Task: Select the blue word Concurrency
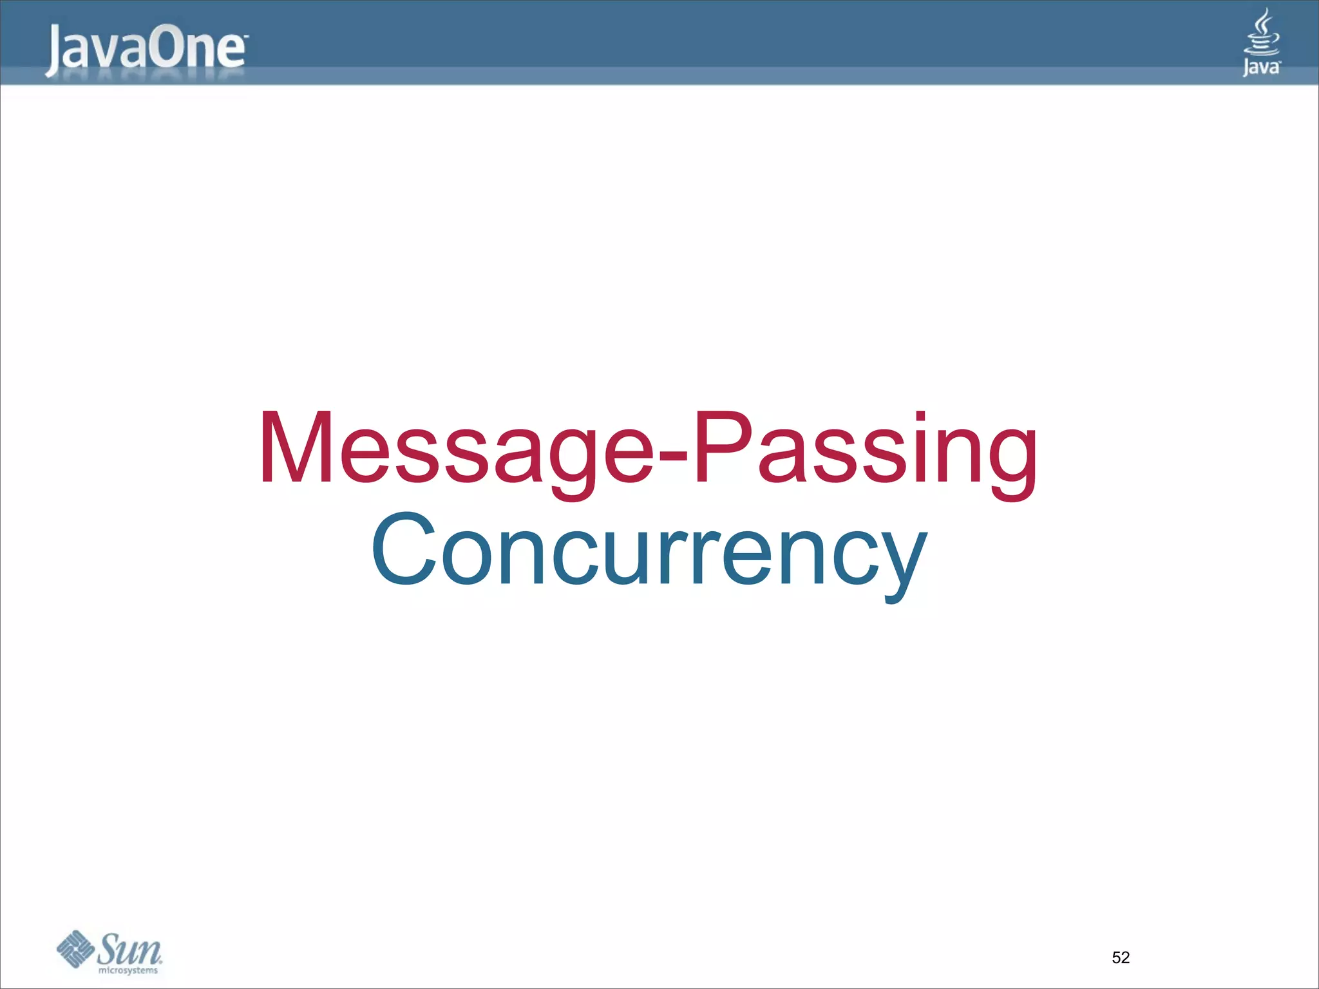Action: coord(649,551)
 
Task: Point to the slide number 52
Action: coord(1121,957)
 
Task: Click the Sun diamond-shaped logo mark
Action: coord(75,948)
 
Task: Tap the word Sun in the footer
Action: coord(129,948)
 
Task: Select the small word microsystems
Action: coord(128,970)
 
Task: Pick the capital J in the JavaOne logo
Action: coord(55,50)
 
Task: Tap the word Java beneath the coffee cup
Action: coord(1261,67)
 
